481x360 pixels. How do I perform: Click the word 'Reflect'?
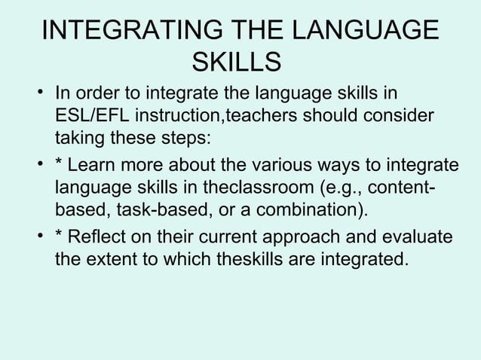click(x=101, y=238)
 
